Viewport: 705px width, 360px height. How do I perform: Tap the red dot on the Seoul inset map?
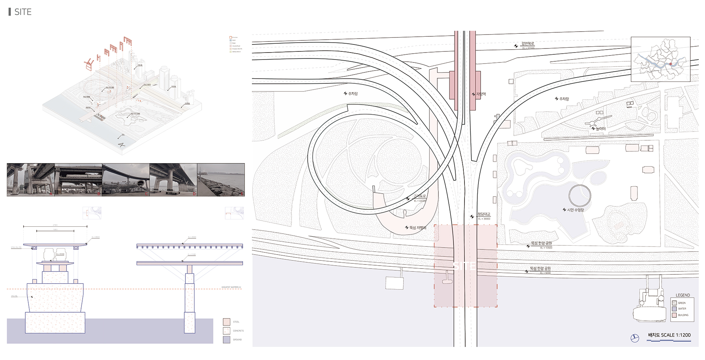pyautogui.click(x=670, y=64)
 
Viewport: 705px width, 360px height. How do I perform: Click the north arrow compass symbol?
pyautogui.click(x=634, y=338)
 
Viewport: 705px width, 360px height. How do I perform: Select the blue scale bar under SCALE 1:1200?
pyautogui.click(x=669, y=341)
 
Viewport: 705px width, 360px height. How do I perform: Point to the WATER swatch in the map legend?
pyautogui.click(x=674, y=309)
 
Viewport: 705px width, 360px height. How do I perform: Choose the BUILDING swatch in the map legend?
pyautogui.click(x=674, y=315)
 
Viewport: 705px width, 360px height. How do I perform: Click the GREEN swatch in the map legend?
pyautogui.click(x=674, y=303)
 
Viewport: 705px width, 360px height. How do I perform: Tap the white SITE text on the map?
pyautogui.click(x=464, y=266)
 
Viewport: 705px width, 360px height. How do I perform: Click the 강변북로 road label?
pyautogui.click(x=528, y=44)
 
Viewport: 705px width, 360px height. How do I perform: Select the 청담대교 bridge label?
pyautogui.click(x=484, y=214)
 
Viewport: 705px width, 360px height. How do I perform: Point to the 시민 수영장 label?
pyautogui.click(x=575, y=210)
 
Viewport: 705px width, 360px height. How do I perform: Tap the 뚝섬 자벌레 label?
pyautogui.click(x=418, y=228)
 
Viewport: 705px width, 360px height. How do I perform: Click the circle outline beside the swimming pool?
pyautogui.click(x=580, y=195)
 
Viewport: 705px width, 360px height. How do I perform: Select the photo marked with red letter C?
pyautogui.click(x=126, y=180)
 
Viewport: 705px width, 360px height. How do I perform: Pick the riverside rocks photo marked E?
pyautogui.click(x=221, y=180)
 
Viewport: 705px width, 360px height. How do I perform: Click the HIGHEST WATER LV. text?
pyautogui.click(x=231, y=287)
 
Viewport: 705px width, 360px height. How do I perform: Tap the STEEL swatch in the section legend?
pyautogui.click(x=227, y=322)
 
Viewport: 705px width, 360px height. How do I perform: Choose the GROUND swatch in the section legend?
pyautogui.click(x=227, y=339)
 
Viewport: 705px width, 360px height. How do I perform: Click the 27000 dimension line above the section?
pyautogui.click(x=55, y=227)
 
